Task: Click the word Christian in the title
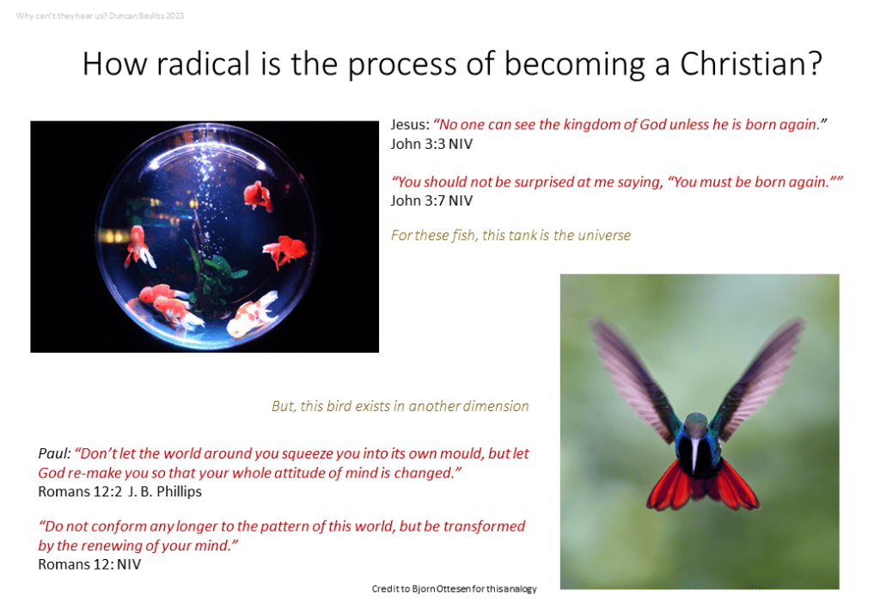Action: pos(751,64)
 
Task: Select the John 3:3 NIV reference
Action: pos(431,145)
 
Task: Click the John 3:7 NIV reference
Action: pos(431,201)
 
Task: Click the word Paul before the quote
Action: pos(54,453)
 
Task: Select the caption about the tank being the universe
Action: pos(510,236)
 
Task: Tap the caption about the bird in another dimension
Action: pos(400,406)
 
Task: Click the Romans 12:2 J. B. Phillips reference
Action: pos(119,491)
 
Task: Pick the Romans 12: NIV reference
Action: pos(89,564)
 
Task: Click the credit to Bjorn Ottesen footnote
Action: pos(454,588)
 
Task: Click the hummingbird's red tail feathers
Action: pos(702,484)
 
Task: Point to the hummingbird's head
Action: pos(696,423)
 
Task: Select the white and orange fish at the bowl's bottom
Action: pos(253,317)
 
